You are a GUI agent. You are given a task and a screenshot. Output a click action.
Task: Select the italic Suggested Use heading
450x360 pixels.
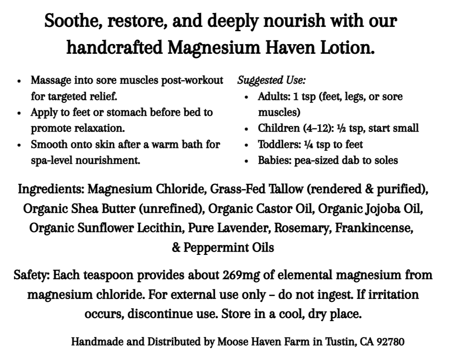point(272,80)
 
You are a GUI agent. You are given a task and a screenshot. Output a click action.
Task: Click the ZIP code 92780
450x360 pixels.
point(391,342)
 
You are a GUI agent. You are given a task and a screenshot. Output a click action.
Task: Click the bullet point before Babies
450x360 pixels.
point(246,161)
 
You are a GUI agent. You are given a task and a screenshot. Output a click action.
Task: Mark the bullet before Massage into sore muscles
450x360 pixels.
point(19,81)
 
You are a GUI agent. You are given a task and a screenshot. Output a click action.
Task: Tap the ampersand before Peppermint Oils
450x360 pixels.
point(177,248)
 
